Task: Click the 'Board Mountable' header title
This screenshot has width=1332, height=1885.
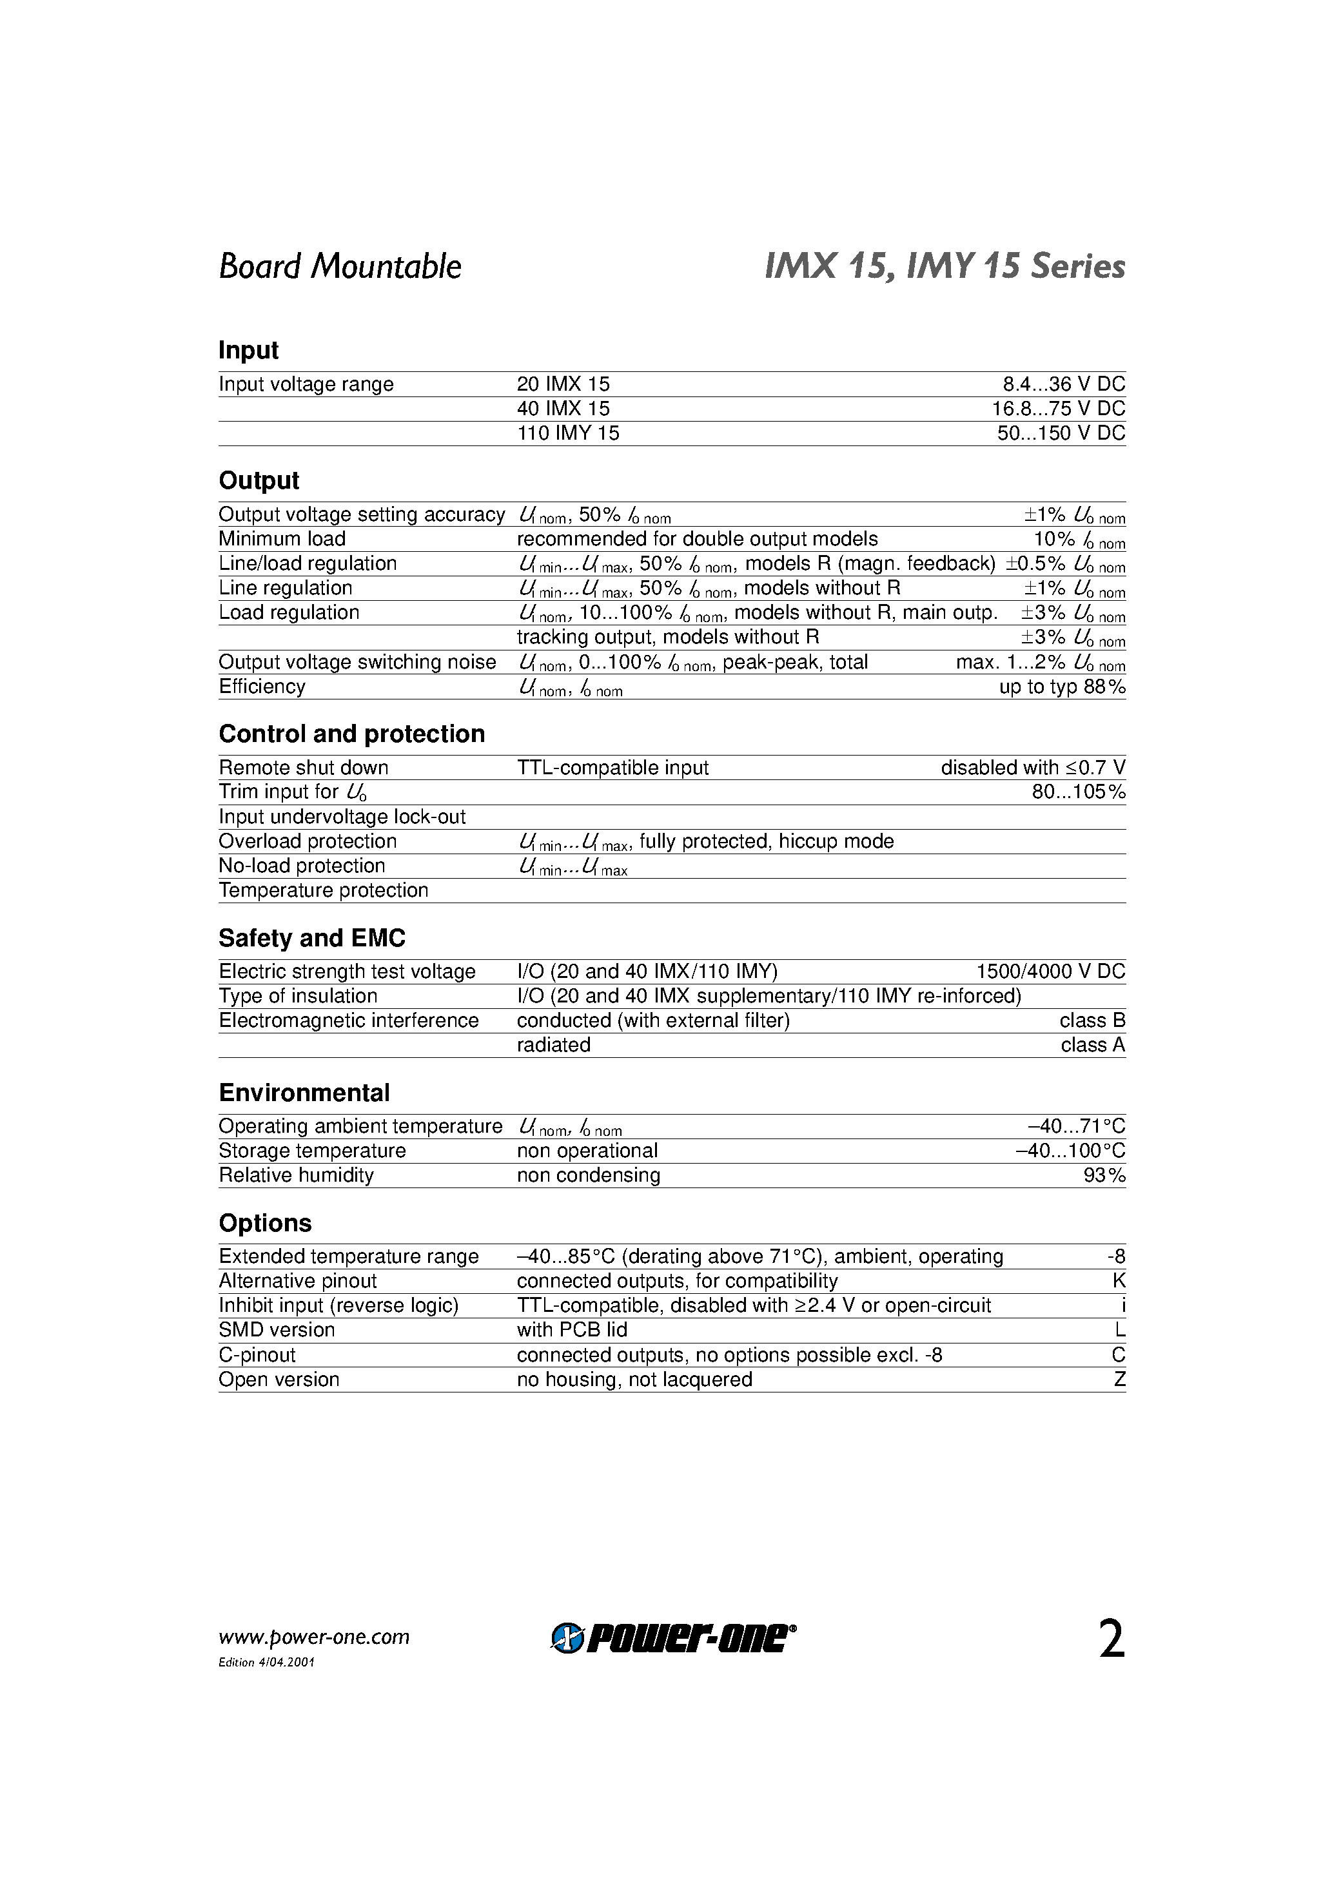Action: [x=340, y=267]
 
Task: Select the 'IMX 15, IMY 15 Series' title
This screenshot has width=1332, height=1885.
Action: [x=945, y=267]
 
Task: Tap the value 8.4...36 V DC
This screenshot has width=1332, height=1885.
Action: [x=1063, y=384]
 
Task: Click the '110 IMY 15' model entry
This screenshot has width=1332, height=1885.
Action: [x=568, y=433]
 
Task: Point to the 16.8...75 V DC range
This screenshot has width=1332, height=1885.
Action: [x=1058, y=409]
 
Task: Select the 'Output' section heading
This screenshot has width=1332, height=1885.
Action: [x=259, y=480]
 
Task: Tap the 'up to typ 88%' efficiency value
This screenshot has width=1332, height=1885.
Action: [x=1062, y=687]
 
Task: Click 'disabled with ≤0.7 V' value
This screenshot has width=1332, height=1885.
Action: [x=1032, y=768]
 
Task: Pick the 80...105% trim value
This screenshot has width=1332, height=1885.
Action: [x=1078, y=792]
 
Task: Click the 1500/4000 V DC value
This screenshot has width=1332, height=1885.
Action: [x=1050, y=972]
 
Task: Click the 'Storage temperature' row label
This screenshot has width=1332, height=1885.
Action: [x=312, y=1151]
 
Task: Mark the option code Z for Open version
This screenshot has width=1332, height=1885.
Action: [x=1119, y=1380]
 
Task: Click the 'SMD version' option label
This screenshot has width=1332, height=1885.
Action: [x=277, y=1330]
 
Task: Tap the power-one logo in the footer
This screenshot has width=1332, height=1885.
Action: [x=672, y=1638]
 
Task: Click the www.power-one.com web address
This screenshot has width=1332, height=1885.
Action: [x=314, y=1637]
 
